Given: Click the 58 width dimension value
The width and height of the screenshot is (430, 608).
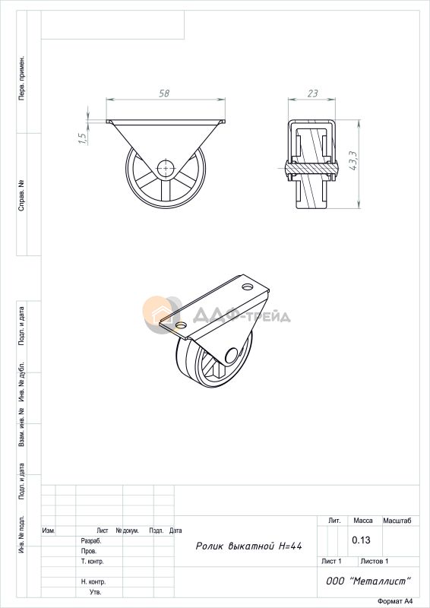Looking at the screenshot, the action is point(164,93).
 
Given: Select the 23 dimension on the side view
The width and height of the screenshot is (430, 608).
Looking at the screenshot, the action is point(312,93).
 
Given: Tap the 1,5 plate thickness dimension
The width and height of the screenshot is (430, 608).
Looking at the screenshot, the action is point(82,138).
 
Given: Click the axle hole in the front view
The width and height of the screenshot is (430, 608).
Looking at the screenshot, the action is point(166,168).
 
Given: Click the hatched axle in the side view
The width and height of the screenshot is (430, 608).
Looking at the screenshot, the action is point(311,168).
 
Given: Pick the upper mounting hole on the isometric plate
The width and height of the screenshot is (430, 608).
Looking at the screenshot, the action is point(247,287).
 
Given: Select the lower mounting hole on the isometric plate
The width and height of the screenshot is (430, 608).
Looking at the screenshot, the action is point(180,325).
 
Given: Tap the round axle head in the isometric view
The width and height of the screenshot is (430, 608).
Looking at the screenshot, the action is point(232,355).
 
